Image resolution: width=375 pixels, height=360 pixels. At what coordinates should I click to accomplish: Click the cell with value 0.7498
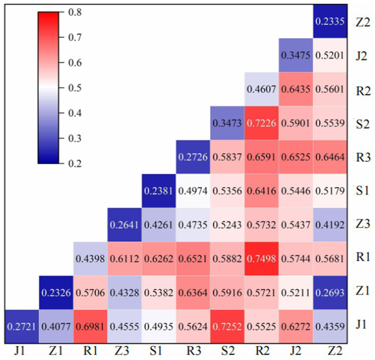click(x=261, y=258)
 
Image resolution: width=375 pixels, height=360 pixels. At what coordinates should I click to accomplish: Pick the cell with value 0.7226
click(x=261, y=122)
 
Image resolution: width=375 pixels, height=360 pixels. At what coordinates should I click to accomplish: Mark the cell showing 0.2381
click(x=159, y=190)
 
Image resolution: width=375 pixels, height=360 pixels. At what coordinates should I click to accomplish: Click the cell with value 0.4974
click(x=193, y=190)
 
